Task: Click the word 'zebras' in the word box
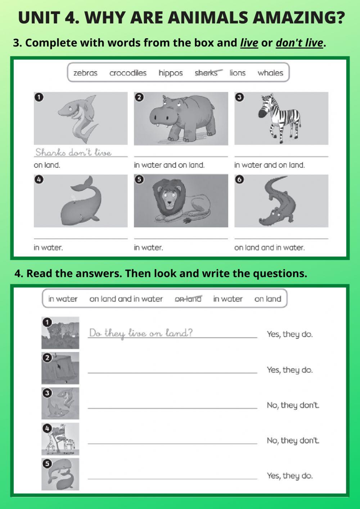[x=85, y=73]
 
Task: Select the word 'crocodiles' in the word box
[x=128, y=73]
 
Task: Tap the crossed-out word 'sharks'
[x=206, y=73]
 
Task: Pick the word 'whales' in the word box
[x=270, y=73]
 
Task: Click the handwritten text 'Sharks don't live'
[x=73, y=153]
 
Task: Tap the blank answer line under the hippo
[x=181, y=154]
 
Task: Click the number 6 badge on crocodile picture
[x=239, y=179]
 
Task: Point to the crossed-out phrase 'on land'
[x=188, y=299]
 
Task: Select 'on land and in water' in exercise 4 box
[x=126, y=299]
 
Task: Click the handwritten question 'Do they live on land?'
[x=141, y=333]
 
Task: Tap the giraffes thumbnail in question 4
[x=60, y=439]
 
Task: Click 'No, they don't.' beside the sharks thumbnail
[x=293, y=405]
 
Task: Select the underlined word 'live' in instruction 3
[x=249, y=43]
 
